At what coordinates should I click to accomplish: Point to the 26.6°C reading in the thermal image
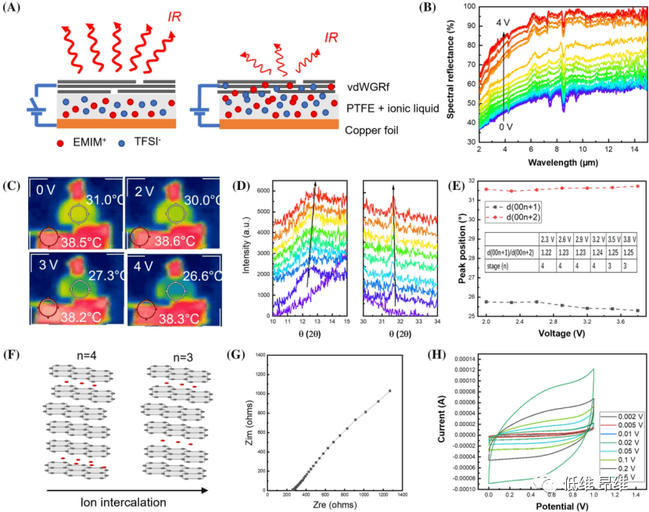tap(197, 276)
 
